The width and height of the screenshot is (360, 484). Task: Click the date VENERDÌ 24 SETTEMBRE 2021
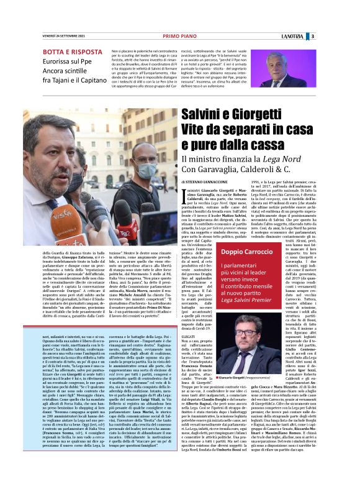point(61,36)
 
